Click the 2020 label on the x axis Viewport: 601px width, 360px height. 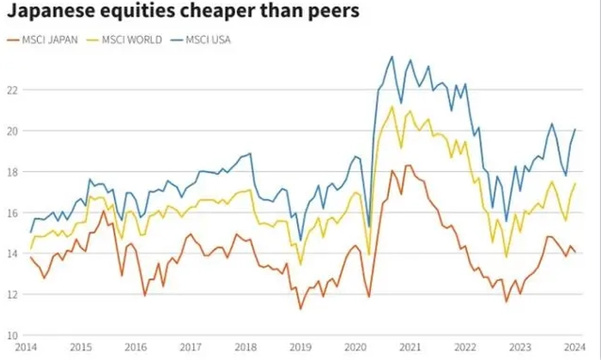click(x=355, y=347)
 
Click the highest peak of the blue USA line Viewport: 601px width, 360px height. click(x=392, y=57)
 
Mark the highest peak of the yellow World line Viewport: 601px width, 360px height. click(x=392, y=107)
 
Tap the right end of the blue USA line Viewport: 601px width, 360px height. click(x=574, y=130)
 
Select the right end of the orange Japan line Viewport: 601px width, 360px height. click(x=574, y=252)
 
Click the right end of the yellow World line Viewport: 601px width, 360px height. click(x=574, y=184)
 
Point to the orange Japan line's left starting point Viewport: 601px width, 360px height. click(x=31, y=257)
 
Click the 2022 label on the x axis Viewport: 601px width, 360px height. click(x=464, y=347)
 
